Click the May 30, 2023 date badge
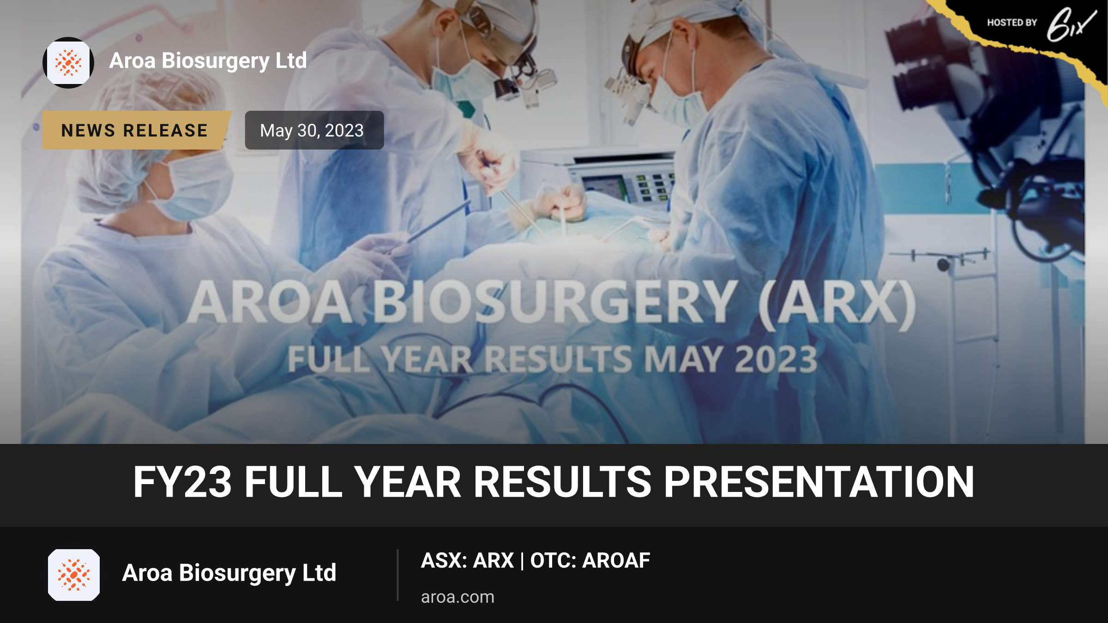point(314,130)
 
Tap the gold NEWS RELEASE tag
point(136,130)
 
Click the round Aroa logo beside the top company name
point(68,62)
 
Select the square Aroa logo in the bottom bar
point(74,575)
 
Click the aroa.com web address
point(458,597)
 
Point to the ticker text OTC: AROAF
point(590,560)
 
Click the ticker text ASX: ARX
point(467,560)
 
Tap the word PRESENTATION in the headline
point(819,482)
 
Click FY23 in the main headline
point(182,482)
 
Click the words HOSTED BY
point(1012,23)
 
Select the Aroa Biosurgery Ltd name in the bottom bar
point(229,573)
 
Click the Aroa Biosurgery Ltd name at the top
point(208,61)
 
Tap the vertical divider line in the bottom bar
point(397,575)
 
